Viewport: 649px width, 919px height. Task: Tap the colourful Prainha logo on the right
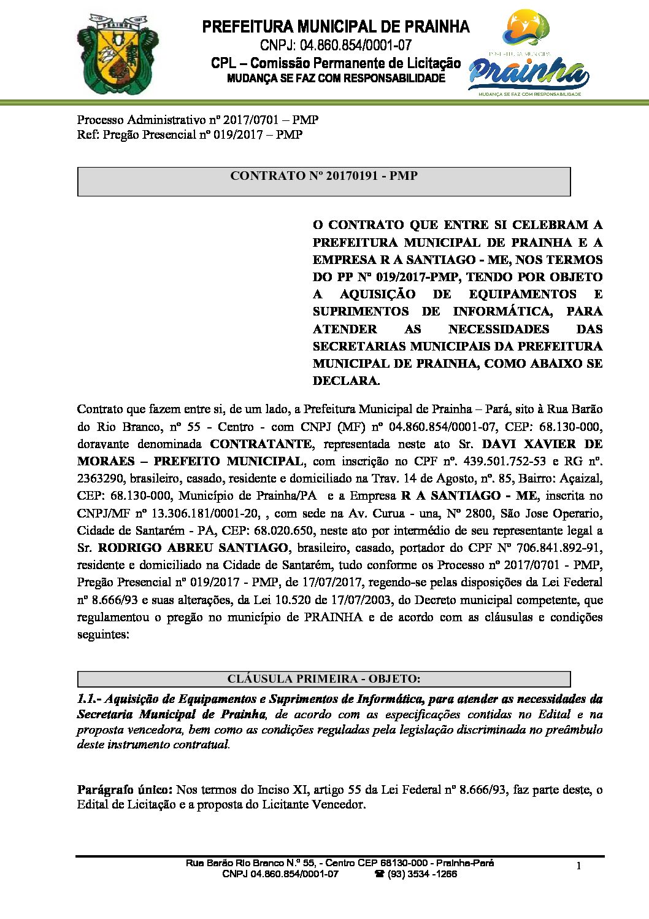pyautogui.click(x=529, y=54)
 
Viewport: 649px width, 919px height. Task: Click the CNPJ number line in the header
pyautogui.click(x=336, y=45)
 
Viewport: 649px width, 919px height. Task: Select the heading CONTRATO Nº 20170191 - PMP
pyautogui.click(x=323, y=176)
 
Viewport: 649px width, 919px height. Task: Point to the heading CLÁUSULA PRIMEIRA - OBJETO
pyautogui.click(x=323, y=679)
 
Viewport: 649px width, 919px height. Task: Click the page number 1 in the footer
pyautogui.click(x=578, y=866)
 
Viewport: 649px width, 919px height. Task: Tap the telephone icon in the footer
pyautogui.click(x=380, y=874)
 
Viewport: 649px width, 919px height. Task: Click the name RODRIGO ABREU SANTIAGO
pyautogui.click(x=193, y=548)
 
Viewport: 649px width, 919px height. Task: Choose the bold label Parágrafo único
pyautogui.click(x=125, y=789)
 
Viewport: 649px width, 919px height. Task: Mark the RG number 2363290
pyautogui.click(x=99, y=478)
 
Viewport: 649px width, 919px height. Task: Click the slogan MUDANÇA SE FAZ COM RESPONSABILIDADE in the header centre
pyautogui.click(x=336, y=79)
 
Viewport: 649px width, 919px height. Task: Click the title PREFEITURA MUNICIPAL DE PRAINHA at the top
pyautogui.click(x=336, y=27)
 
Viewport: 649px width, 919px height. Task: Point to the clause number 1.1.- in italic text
pyautogui.click(x=92, y=699)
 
